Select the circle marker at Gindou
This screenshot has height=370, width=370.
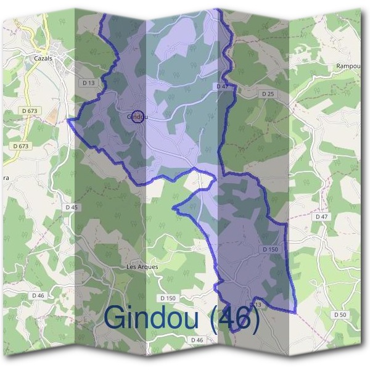coord(139,116)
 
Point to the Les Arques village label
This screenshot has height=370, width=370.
coord(142,267)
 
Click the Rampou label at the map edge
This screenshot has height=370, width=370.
coord(348,65)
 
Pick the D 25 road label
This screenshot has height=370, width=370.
coord(267,94)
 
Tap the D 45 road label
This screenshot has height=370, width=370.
coord(71,207)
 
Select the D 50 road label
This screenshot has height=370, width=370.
coord(340,314)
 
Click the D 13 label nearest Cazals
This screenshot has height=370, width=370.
coord(88,82)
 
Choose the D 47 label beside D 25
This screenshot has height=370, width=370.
coord(223,87)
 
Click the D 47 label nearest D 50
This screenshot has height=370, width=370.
coord(321,217)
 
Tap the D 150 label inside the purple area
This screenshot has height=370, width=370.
coord(271,249)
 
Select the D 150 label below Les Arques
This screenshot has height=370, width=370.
coord(168,298)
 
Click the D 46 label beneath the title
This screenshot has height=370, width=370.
coord(197,340)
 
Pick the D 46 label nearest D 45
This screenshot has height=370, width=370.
coord(38,296)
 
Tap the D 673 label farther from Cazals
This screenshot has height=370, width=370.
coord(20,146)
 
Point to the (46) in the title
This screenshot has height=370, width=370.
coord(235,318)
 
